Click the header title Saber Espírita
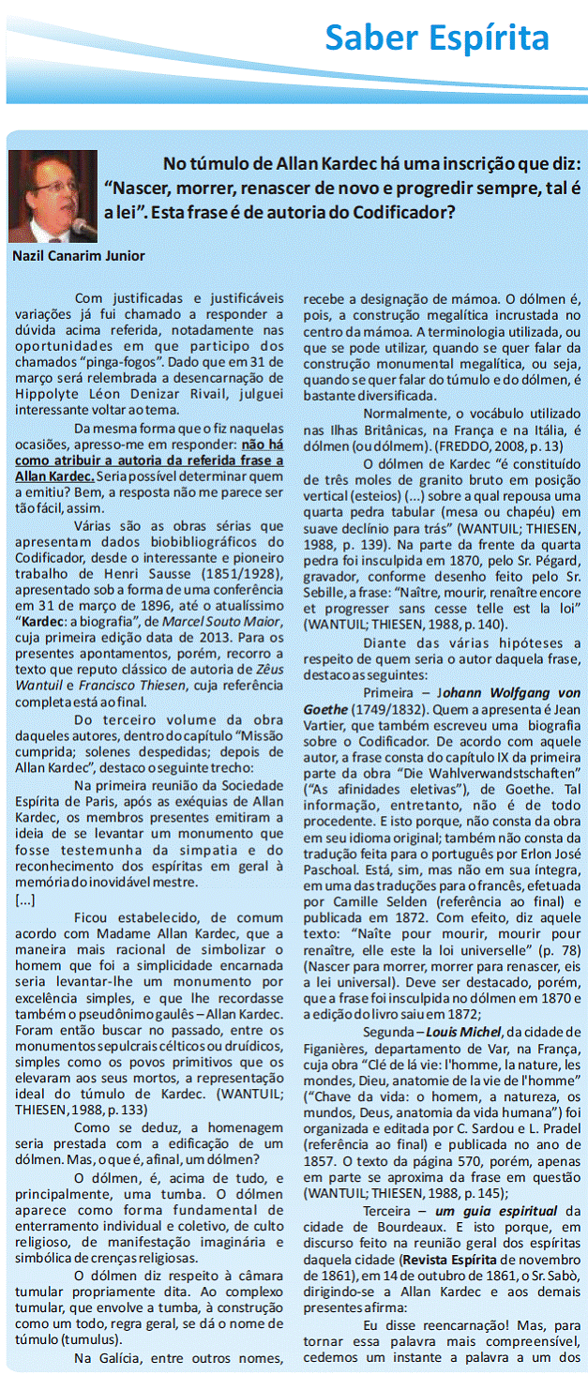[436, 38]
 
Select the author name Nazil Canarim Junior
[79, 255]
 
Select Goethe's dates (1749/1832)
[384, 709]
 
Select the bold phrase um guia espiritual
[497, 1211]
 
